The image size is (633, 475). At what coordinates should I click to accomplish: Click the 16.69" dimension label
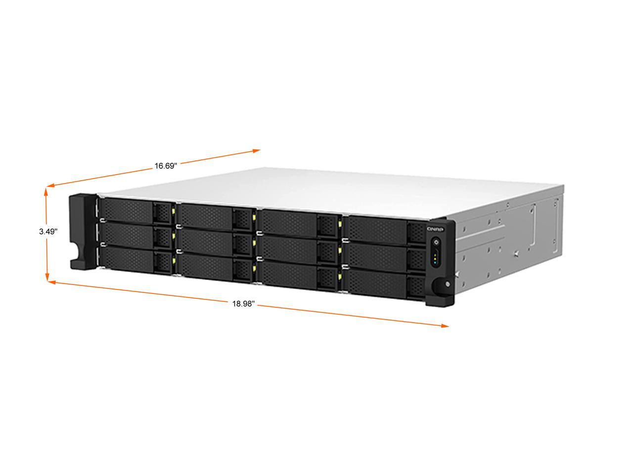click(x=166, y=166)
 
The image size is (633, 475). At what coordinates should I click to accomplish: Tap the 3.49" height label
click(x=48, y=231)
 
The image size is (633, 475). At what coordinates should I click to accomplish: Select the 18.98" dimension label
click(x=244, y=304)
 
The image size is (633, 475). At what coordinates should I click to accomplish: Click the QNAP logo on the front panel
click(x=435, y=229)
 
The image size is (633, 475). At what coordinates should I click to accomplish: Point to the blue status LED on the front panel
click(x=435, y=263)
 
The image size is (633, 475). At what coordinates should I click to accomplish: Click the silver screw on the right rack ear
click(x=447, y=284)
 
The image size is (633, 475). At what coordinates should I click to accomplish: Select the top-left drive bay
click(x=137, y=211)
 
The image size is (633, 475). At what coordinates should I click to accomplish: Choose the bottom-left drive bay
click(x=137, y=260)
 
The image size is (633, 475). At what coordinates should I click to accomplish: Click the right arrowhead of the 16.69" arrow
click(x=257, y=150)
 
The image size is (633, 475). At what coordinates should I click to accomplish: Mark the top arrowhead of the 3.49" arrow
click(x=46, y=191)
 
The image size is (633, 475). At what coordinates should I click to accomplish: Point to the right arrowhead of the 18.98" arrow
click(x=445, y=326)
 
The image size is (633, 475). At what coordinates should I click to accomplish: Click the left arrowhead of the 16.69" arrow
click(x=50, y=186)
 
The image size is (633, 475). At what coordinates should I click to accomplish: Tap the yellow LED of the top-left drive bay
click(x=173, y=211)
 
